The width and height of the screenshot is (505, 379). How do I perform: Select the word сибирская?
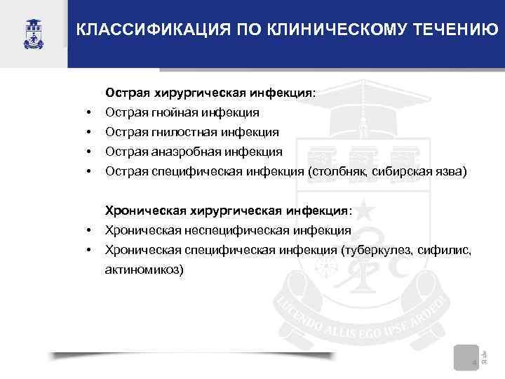[398, 171]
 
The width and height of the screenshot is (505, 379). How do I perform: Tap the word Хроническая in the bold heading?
[140, 210]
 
